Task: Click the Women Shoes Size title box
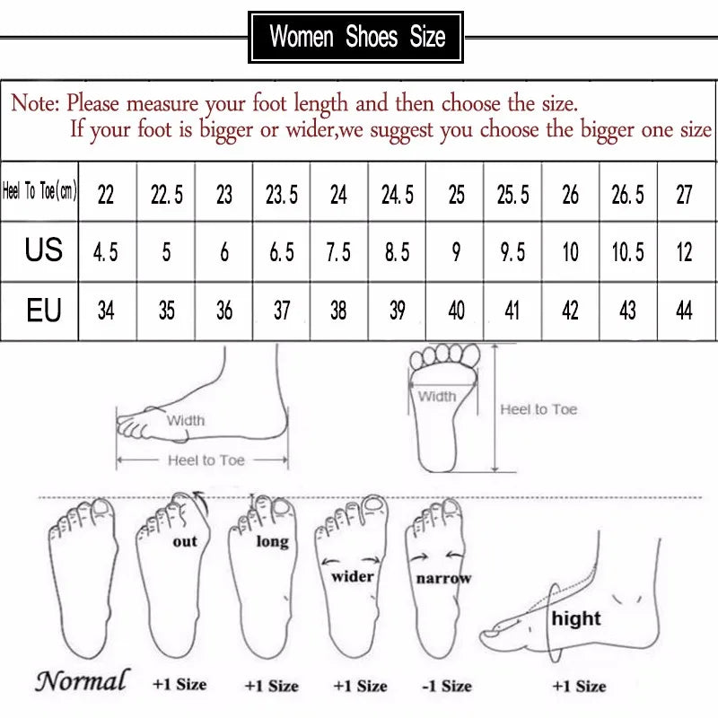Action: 356,38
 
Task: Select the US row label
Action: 43,250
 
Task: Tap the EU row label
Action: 43,311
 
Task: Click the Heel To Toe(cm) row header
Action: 40,191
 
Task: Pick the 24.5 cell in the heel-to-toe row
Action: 397,194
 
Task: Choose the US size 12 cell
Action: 684,252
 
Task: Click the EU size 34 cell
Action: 106,311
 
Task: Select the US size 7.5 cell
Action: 338,252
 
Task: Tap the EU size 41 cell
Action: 513,311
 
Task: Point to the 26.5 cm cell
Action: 627,194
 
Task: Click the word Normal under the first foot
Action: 82,681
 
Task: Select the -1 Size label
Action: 446,686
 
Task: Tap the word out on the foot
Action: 184,541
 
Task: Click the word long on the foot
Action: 272,541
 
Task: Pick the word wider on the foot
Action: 353,576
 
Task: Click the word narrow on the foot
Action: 443,579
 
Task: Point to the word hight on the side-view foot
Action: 576,618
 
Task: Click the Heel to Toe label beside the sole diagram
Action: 538,409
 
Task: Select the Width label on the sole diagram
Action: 437,396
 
